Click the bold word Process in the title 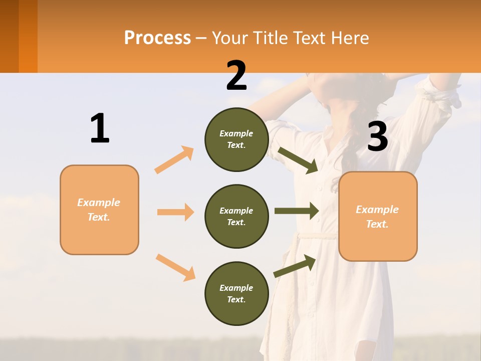pos(157,38)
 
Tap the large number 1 pos(100,128)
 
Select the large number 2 pos(236,76)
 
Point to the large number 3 pos(377,136)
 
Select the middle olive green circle pos(236,216)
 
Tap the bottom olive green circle pos(236,293)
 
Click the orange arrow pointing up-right pos(174,159)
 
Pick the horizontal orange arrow pos(175,212)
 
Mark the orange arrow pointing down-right pos(175,267)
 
